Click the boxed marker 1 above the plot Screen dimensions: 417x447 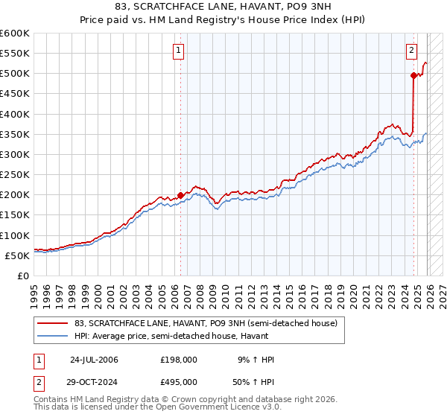point(180,51)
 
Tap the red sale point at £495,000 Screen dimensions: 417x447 point(413,75)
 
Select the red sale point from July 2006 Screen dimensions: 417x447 point(181,195)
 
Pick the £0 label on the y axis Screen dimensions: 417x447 point(22,276)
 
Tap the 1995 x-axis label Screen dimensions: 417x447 point(34,289)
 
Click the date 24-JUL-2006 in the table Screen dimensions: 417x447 point(94,360)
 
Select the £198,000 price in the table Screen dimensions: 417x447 point(178,360)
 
